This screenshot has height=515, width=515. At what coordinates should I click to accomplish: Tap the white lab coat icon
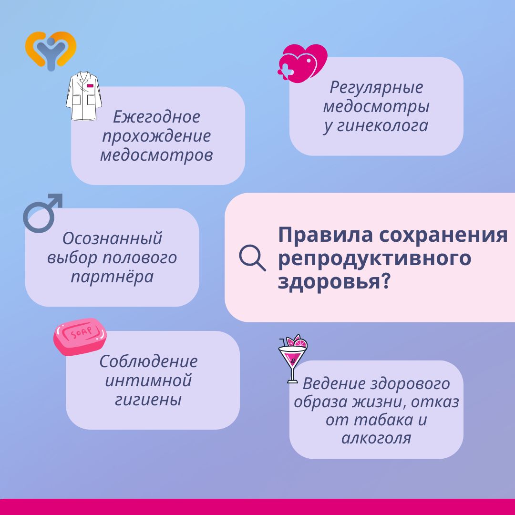[84, 96]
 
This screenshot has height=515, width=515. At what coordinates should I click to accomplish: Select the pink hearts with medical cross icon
[302, 63]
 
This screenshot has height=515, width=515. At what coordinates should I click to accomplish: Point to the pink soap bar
[80, 336]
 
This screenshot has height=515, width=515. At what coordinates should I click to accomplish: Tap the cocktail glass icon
[293, 359]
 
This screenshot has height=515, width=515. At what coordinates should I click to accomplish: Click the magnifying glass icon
[252, 258]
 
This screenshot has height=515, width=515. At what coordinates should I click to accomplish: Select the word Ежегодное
[156, 117]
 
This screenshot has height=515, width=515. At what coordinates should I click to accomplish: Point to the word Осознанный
[113, 238]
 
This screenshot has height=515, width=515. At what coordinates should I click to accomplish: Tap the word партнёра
[113, 277]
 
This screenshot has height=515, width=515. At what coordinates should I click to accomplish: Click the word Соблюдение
[148, 361]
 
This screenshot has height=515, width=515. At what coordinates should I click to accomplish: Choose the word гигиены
[148, 400]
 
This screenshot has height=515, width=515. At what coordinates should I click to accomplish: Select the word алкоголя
[376, 438]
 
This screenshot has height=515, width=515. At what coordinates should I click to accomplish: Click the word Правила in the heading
[326, 235]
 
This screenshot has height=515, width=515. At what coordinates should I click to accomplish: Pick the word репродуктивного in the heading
[375, 258]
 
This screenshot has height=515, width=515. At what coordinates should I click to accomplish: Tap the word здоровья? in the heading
[334, 282]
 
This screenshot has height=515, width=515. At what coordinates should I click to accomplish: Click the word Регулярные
[376, 88]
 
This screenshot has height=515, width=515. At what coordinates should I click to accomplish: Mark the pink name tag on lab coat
[90, 86]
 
